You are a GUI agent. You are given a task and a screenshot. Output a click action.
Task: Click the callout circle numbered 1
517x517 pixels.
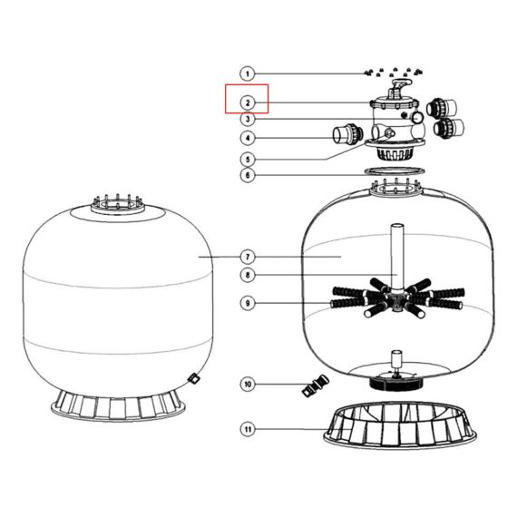tap(248, 73)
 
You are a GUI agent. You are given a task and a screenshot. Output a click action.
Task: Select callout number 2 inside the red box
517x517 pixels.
tap(248, 102)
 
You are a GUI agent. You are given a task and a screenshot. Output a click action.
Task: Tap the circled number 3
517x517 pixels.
tap(248, 119)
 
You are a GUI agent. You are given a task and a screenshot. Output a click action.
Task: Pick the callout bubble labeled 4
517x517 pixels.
tap(248, 138)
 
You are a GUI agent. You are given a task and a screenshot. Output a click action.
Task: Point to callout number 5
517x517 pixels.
tap(248, 160)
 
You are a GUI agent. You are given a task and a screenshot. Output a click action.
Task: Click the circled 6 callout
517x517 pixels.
tap(248, 175)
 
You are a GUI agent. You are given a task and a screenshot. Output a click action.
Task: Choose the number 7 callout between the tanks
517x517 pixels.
tap(248, 257)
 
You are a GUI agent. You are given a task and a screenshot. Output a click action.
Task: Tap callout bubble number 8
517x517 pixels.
tap(248, 275)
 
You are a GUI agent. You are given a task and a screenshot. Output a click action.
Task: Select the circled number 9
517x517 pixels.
tap(248, 303)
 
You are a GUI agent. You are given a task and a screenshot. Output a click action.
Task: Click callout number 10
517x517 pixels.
tap(248, 385)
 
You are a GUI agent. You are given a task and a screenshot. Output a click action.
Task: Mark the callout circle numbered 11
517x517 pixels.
tap(248, 429)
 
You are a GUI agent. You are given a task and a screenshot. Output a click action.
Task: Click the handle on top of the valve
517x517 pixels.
tap(400, 84)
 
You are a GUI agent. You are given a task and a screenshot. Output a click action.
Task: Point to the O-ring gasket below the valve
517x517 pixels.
tap(395, 171)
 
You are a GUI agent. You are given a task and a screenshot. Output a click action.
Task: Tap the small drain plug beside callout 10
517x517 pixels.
tap(316, 385)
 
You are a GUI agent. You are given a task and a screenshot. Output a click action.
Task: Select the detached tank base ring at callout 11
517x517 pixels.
tap(400, 425)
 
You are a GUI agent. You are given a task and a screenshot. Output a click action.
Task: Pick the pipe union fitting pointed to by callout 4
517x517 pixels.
tap(347, 133)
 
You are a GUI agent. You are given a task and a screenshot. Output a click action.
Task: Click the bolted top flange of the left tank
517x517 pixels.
tap(117, 205)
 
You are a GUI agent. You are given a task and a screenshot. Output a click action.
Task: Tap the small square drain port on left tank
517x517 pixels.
tap(193, 378)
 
